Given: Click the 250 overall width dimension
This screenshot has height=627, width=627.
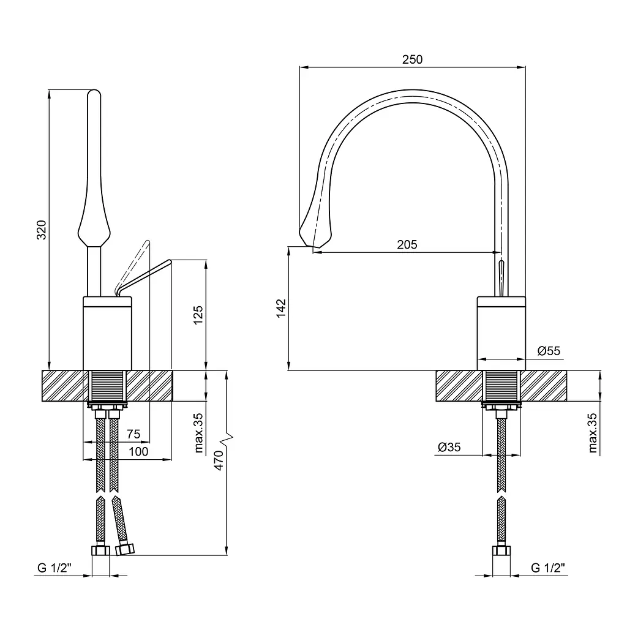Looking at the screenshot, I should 412,59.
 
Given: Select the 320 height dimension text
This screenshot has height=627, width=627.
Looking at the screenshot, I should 41,229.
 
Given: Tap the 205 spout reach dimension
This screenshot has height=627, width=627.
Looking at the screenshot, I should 407,244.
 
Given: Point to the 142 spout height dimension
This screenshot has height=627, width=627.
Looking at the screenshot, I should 281,308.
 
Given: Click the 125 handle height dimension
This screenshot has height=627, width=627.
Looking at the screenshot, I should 198,315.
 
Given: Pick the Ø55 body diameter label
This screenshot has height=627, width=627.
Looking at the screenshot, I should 549,351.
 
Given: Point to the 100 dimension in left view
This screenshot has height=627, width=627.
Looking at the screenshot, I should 138,451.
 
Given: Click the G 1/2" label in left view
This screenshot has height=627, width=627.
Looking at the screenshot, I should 54,568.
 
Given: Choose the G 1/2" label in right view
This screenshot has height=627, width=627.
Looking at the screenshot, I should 547,568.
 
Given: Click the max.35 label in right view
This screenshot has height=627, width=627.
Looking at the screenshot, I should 592,432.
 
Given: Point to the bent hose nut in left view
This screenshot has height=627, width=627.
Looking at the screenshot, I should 124,549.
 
